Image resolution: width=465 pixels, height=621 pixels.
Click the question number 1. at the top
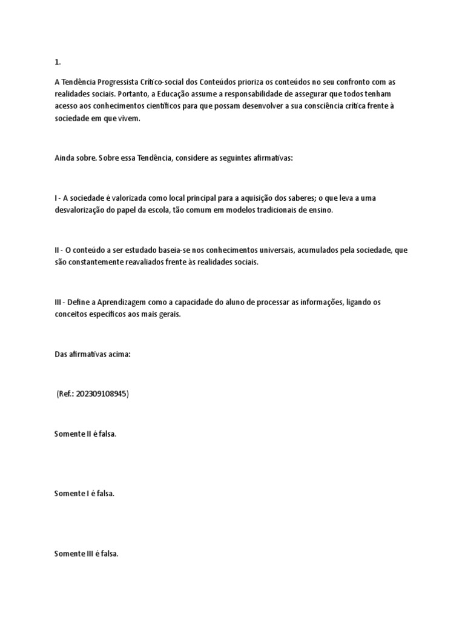(57, 61)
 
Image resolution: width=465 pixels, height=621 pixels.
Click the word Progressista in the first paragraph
(117, 82)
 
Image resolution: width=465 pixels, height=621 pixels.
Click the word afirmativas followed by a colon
(272, 157)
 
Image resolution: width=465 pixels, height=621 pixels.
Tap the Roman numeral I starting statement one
(56, 198)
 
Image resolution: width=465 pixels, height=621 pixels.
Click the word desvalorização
(81, 210)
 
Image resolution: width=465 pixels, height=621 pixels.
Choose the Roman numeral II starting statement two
(57, 250)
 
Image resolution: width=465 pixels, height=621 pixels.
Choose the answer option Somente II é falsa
(85, 434)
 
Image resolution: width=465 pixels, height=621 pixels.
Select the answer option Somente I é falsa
(84, 493)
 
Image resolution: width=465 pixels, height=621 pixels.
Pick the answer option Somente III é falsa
(87, 553)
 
